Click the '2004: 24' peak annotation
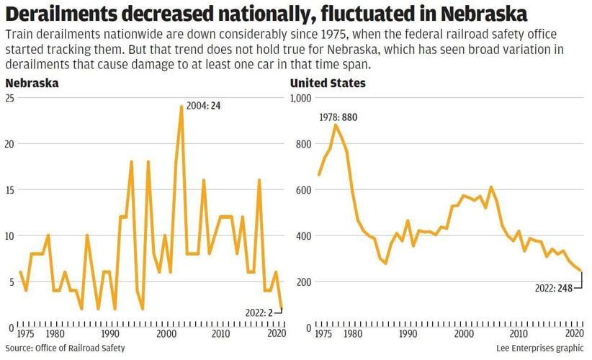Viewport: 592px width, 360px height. [204, 106]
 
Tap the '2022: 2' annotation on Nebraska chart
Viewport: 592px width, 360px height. [260, 312]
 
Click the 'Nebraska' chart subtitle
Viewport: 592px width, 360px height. [32, 84]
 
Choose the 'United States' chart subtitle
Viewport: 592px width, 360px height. [328, 84]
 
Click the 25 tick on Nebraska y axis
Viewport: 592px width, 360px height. [9, 98]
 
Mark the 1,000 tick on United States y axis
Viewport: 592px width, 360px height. [302, 98]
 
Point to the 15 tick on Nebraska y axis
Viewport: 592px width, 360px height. [9, 190]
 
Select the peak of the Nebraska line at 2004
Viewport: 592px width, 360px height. [181, 107]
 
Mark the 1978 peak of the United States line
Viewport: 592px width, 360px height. [335, 125]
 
